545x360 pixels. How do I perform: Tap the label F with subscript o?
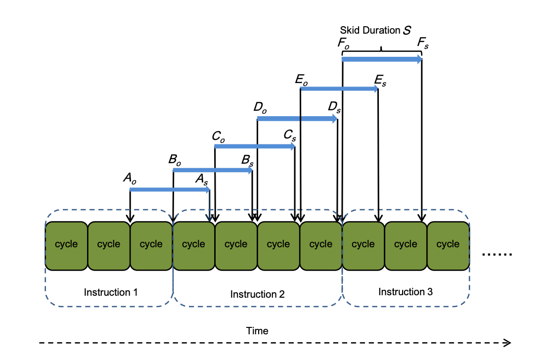344,43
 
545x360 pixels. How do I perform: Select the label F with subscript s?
423,44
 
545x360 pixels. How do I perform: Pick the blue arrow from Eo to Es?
339,89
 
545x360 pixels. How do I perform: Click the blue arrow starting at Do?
297,119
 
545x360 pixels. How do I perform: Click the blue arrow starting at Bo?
213,170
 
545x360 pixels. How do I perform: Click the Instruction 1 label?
111,292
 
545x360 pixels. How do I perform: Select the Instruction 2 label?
257,294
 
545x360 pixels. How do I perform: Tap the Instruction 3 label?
406,292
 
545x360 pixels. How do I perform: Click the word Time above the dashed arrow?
257,331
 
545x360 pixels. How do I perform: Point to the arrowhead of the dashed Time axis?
507,343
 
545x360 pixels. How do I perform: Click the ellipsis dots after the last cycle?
497,255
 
